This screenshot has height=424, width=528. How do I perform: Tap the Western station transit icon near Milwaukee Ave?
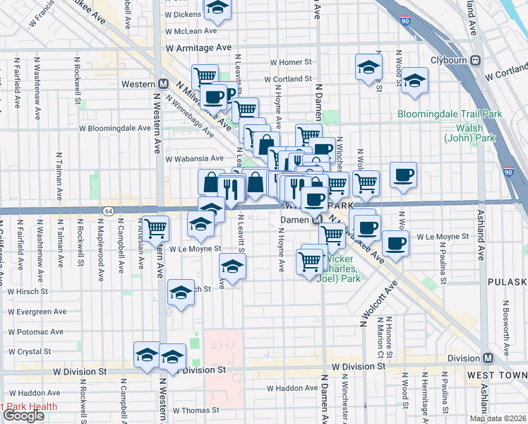coord(163,84)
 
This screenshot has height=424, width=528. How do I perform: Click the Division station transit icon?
coord(488,357)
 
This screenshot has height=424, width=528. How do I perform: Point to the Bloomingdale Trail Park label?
coord(449,114)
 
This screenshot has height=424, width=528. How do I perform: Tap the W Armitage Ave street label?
coord(198,47)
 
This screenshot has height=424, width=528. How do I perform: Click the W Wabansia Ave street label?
coord(194,159)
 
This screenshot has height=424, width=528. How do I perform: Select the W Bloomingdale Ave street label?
coord(114,129)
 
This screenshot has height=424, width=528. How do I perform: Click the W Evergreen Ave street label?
coord(37,311)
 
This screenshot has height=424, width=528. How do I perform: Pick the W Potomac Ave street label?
coord(35,331)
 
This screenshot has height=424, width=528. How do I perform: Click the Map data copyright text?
coord(498,418)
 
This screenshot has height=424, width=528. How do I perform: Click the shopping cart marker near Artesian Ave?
coord(156,228)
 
